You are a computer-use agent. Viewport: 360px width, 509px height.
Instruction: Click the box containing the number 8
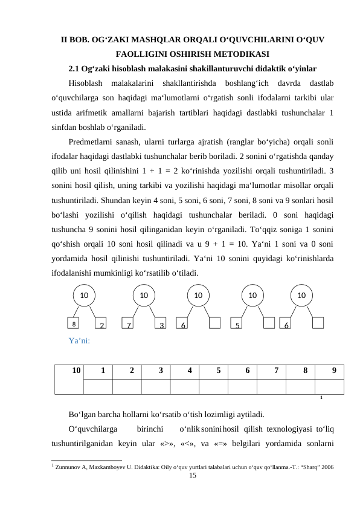(x=73, y=324)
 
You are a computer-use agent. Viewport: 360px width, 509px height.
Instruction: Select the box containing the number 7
(x=129, y=325)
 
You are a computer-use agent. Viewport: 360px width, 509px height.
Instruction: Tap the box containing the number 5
(x=238, y=325)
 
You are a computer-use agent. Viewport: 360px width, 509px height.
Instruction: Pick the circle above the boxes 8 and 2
(x=84, y=296)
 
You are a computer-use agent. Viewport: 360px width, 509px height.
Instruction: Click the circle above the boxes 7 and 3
(x=144, y=296)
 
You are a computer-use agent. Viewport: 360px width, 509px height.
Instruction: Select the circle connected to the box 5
(x=253, y=296)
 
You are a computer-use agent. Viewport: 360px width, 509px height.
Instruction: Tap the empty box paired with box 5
(x=269, y=324)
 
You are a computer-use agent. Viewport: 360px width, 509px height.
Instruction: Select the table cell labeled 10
(x=75, y=371)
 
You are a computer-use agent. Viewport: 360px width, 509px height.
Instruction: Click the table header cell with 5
(x=218, y=371)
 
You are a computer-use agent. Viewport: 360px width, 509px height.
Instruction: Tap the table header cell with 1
(x=103, y=371)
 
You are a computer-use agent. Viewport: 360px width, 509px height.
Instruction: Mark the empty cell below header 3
(x=156, y=386)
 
